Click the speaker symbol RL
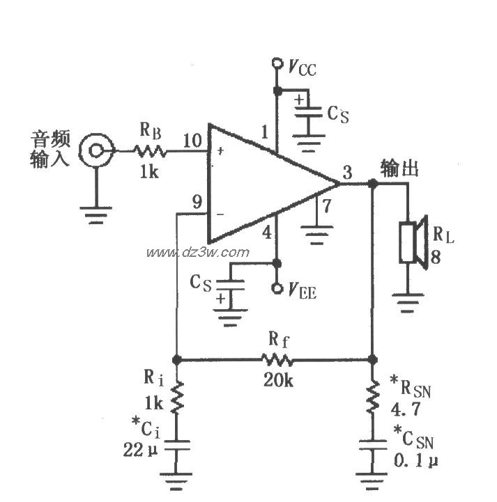[411, 242]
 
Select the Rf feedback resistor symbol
[277, 360]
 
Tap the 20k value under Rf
[278, 379]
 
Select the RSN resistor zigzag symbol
[372, 396]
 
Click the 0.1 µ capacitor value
[412, 460]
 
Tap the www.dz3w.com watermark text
[197, 251]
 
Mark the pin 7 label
[324, 205]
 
